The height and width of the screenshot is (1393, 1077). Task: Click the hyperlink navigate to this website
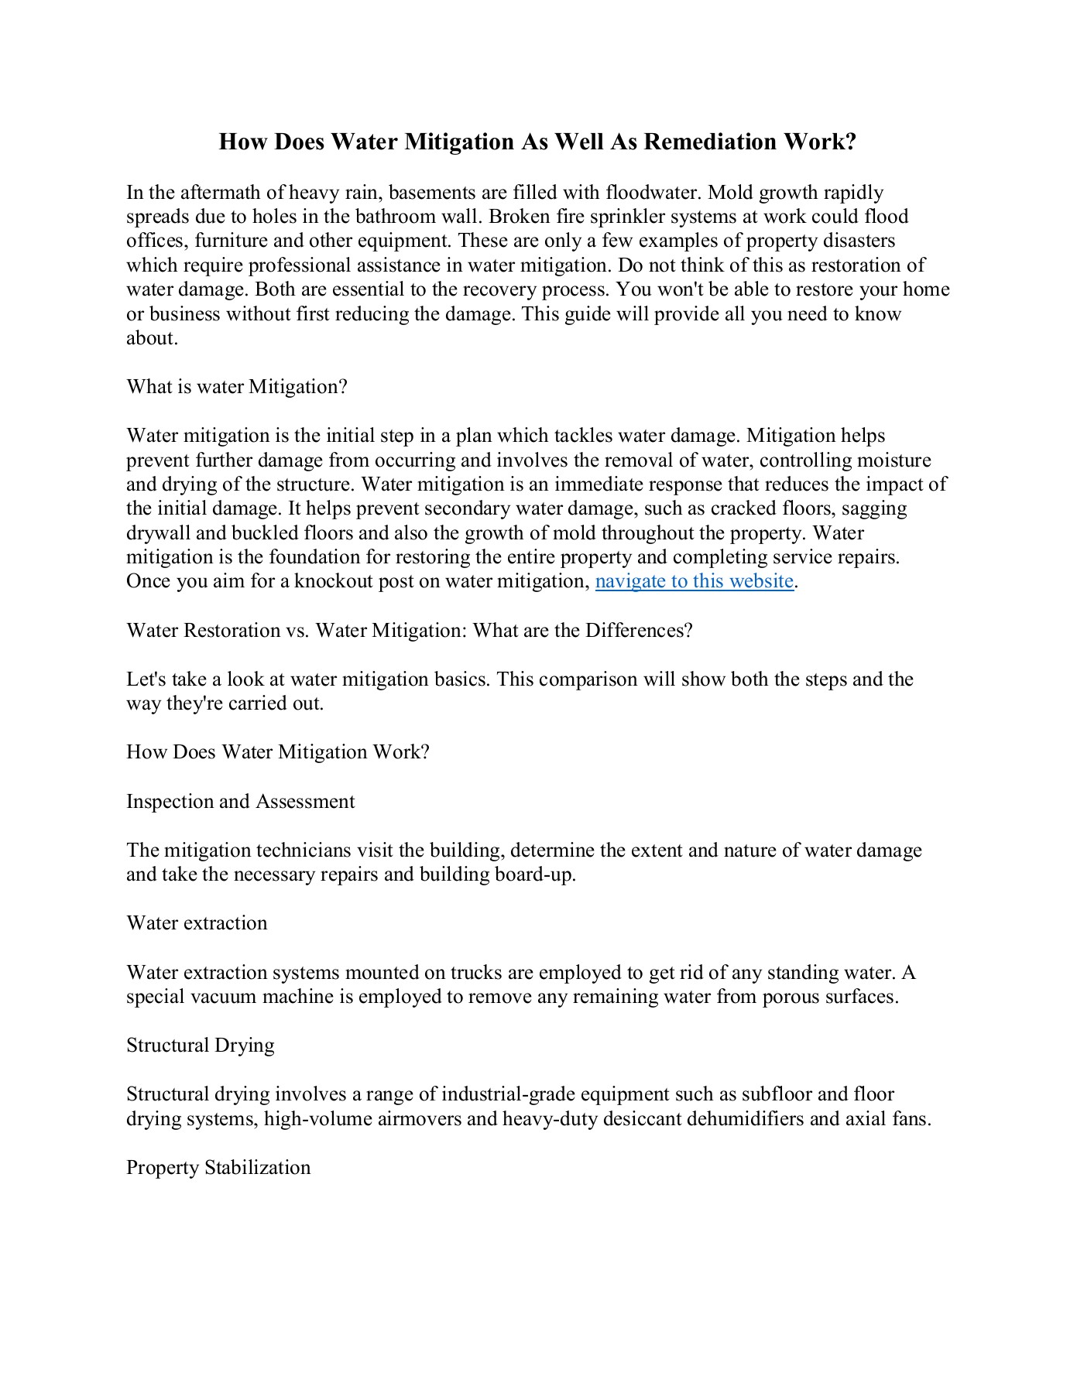695,581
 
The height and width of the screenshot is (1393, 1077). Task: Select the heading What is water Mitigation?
237,387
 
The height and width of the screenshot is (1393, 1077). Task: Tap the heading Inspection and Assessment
240,802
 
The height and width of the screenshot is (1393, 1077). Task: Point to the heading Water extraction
197,923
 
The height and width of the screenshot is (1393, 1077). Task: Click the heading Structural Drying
201,1046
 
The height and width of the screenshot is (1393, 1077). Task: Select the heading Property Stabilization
218,1168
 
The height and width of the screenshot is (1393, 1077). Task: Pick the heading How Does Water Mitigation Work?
278,752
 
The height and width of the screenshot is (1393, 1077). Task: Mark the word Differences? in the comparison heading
639,631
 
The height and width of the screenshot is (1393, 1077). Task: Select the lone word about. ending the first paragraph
152,338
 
